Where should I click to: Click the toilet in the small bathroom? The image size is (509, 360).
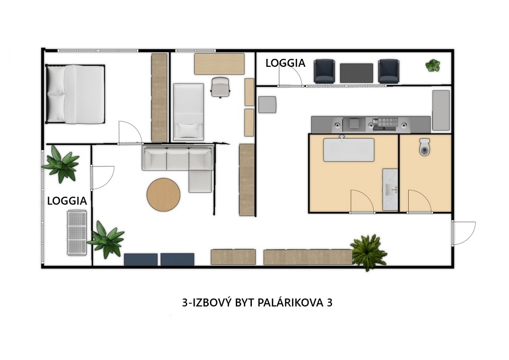tap(425, 147)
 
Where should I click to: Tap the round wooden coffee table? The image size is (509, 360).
tap(163, 195)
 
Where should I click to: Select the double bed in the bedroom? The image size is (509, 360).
tap(75, 94)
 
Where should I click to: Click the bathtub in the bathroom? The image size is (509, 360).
tap(349, 150)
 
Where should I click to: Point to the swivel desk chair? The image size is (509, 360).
tap(221, 87)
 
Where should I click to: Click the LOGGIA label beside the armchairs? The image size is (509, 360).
tap(285, 63)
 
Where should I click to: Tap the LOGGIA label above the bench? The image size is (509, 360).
tap(67, 201)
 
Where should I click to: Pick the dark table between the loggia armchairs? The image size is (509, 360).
tap(356, 73)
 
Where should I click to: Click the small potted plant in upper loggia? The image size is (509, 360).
tap(433, 65)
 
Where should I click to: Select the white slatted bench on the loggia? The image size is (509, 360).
tap(77, 232)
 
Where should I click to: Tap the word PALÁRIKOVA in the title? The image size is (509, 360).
tap(289, 302)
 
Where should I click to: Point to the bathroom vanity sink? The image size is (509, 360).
tap(390, 190)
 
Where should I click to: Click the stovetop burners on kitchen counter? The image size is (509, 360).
tap(385, 122)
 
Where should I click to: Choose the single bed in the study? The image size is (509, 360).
tap(189, 112)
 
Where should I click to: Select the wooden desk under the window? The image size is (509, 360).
tap(219, 64)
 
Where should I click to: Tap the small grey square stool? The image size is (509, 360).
tap(267, 104)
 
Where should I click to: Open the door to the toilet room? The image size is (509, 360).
tap(419, 201)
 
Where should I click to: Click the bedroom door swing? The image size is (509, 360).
tap(130, 133)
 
